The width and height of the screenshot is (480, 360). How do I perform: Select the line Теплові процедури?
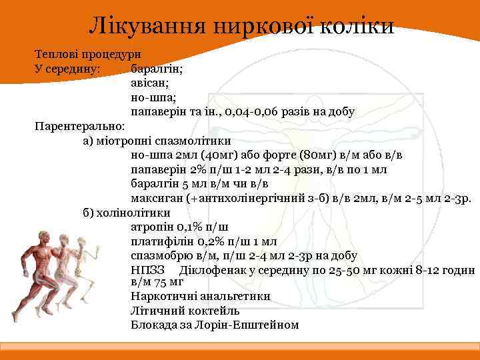(87, 55)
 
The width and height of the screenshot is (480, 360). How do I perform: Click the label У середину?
(68, 69)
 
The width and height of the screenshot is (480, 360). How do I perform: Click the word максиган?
(157, 198)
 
